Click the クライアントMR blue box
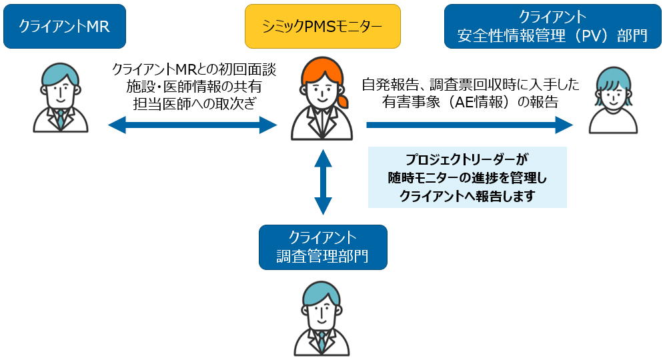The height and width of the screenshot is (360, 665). [64, 27]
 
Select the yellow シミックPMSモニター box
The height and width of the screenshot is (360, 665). [323, 27]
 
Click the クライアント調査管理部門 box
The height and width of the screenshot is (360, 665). [323, 247]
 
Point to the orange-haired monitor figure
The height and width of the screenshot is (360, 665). [321, 100]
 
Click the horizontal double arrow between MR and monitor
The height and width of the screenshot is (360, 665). [192, 124]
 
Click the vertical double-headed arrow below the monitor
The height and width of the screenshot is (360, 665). [323, 181]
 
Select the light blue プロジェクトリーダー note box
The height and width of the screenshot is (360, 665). [467, 177]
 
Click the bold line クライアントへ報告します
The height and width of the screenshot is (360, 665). [467, 195]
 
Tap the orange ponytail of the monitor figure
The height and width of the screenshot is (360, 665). [343, 101]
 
